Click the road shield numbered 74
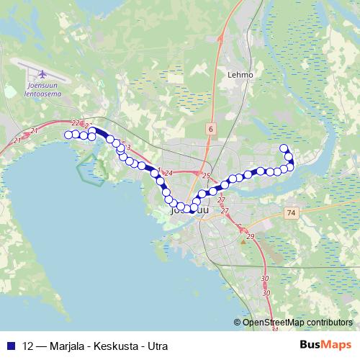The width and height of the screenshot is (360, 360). click(x=290, y=213)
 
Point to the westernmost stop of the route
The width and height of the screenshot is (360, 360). click(x=68, y=135)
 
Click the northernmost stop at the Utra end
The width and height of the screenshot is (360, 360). click(x=284, y=148)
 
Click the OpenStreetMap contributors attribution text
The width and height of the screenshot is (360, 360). click(x=297, y=322)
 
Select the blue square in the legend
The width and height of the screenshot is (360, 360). click(x=12, y=345)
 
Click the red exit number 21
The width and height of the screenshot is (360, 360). click(x=34, y=130)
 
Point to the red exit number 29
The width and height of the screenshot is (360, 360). click(x=251, y=237)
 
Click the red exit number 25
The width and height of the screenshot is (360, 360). click(x=206, y=176)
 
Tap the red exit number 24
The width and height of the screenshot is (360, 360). click(x=169, y=174)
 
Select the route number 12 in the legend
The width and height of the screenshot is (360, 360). click(x=29, y=345)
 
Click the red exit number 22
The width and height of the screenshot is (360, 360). click(x=76, y=123)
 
